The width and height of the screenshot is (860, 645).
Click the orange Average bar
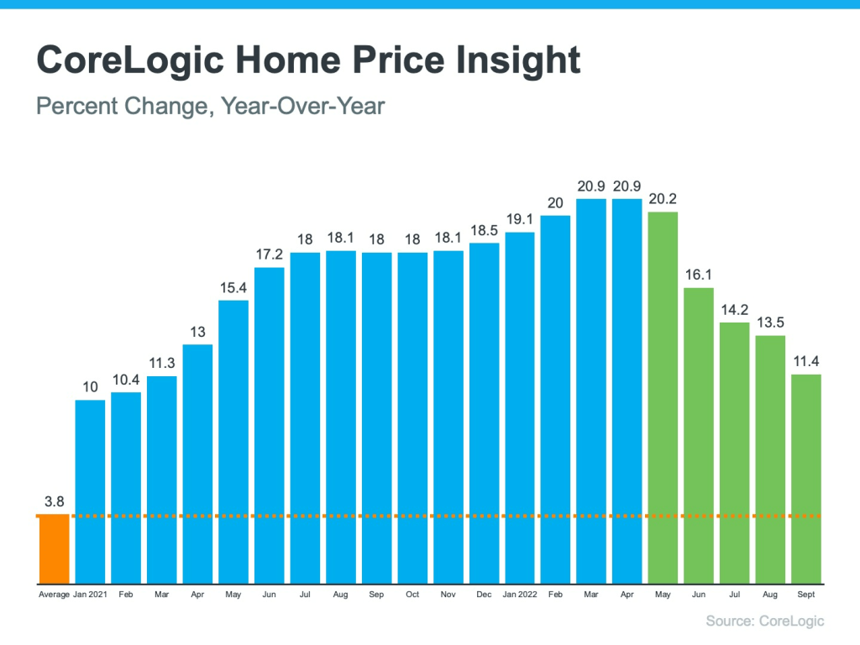pyautogui.click(x=54, y=550)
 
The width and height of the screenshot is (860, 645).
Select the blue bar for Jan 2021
pyautogui.click(x=90, y=491)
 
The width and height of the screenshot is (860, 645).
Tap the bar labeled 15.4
pyautogui.click(x=233, y=441)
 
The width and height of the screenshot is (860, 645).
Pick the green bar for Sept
pyautogui.click(x=806, y=479)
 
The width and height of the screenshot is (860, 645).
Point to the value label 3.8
pyautogui.click(x=54, y=502)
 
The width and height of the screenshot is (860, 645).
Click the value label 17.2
pyautogui.click(x=269, y=253)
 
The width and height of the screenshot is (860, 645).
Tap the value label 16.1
pyautogui.click(x=699, y=274)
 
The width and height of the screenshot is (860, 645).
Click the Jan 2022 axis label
pyautogui.click(x=520, y=595)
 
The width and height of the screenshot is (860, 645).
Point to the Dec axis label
pyautogui.click(x=484, y=595)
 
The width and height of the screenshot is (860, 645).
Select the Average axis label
pyautogui.click(x=54, y=595)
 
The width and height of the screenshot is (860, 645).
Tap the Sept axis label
pyautogui.click(x=806, y=595)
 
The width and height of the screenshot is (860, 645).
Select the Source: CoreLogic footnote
pyautogui.click(x=765, y=621)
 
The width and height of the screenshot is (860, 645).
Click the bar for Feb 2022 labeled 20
pyautogui.click(x=555, y=399)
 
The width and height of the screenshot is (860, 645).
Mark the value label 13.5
pyautogui.click(x=770, y=321)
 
